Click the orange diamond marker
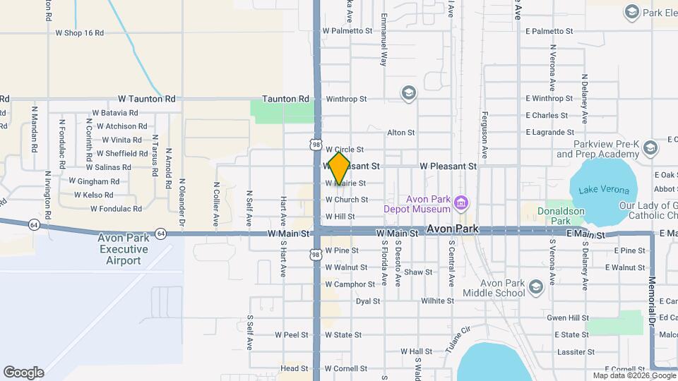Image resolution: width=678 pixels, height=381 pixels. pos(339,169)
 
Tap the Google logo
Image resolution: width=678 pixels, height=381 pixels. pos(23,372)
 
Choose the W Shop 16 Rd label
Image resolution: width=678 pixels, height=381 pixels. pos(79,33)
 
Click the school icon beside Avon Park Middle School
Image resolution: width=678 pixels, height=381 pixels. pos(535,286)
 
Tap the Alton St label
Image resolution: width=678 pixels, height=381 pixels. pos(400,133)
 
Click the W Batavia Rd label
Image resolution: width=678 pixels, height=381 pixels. pos(114,113)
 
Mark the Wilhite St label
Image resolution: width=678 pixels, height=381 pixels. pos(437,301)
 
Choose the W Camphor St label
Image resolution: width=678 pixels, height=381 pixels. pos(350,284)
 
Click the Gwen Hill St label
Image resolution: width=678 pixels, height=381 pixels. pos(568,318)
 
